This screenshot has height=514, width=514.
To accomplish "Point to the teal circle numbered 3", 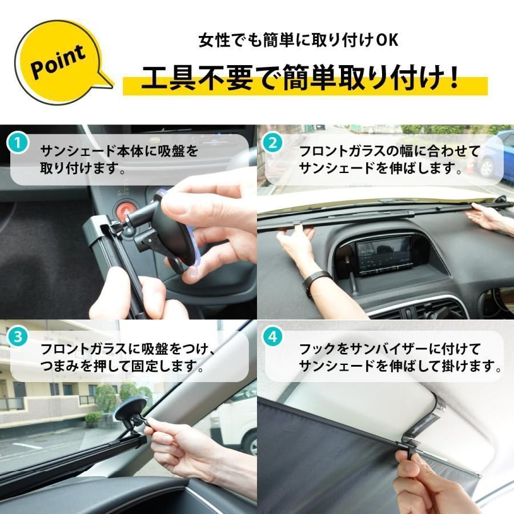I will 18,337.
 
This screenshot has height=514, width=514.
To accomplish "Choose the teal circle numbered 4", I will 272,337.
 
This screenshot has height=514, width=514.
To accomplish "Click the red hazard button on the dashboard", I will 125,211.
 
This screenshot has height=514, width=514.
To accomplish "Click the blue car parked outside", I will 496,153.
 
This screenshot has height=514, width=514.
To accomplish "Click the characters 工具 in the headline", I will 160,79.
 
